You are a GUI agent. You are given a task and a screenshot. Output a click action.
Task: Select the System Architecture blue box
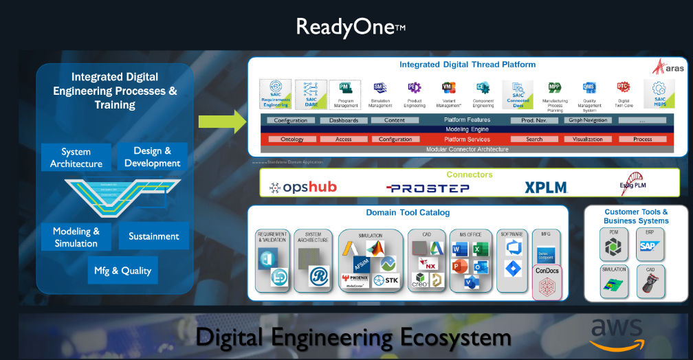click(76, 157)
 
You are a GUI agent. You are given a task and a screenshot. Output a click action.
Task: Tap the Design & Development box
click(152, 157)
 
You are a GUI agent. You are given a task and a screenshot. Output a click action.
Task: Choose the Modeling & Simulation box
click(76, 237)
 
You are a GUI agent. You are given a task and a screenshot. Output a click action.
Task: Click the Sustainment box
click(153, 236)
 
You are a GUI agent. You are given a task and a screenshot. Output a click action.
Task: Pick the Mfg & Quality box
click(122, 270)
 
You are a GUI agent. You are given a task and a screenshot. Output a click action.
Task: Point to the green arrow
click(222, 122)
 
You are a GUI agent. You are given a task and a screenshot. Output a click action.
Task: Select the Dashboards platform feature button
click(344, 120)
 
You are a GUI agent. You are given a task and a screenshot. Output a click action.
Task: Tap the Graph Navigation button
click(587, 120)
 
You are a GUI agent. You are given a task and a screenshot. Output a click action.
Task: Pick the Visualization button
click(587, 139)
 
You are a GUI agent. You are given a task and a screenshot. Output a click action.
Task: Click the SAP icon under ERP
click(648, 246)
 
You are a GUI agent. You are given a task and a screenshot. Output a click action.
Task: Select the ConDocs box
click(547, 282)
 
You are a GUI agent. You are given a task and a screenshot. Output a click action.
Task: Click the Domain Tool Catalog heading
click(408, 213)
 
